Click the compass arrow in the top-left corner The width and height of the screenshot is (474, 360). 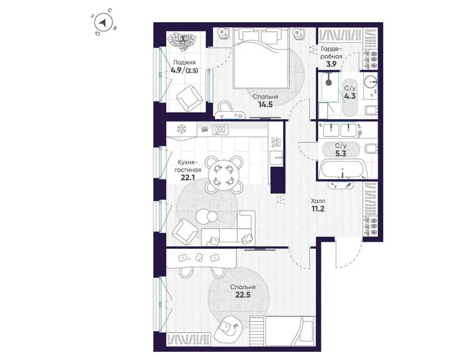[x=104, y=22]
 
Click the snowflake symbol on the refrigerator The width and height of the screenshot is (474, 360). [x=181, y=129]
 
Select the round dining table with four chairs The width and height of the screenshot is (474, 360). [x=224, y=175]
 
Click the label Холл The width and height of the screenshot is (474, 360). [x=318, y=201]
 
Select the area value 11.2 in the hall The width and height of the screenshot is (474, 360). [x=318, y=210]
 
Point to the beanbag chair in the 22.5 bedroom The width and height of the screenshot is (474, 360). [x=227, y=330]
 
